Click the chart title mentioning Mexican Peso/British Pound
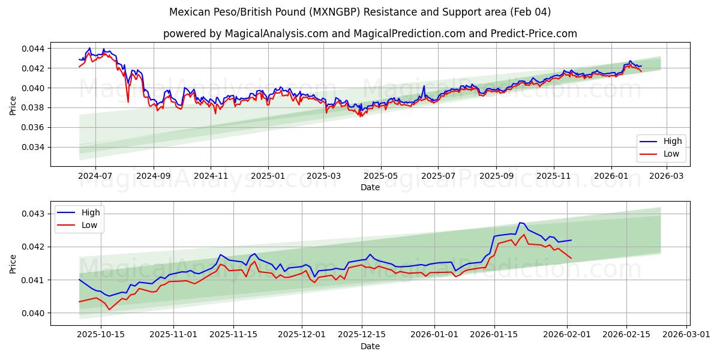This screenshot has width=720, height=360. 360,12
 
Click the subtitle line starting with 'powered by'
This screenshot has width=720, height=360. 370,34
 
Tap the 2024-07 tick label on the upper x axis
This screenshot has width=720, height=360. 96,176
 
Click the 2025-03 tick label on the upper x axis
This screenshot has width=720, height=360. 324,176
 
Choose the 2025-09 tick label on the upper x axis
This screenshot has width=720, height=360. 496,176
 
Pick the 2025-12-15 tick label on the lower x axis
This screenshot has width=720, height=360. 362,335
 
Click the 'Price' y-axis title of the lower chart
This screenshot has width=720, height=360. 13,263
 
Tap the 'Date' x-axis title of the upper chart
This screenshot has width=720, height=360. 370,187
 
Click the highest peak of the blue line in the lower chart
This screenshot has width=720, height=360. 520,223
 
